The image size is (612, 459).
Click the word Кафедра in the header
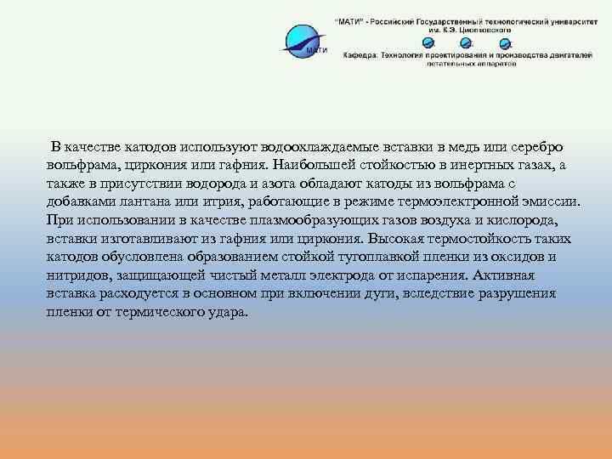click(x=360, y=53)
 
